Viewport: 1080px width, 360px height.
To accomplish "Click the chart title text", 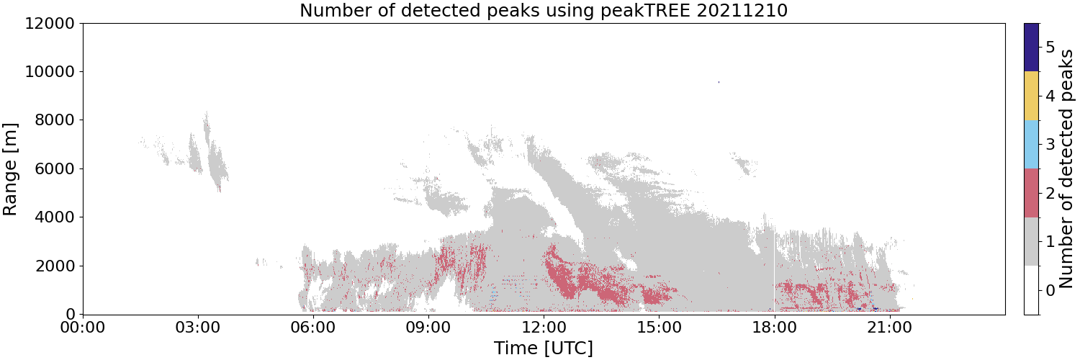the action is [544, 10].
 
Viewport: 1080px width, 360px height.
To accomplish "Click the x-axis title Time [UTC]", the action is [544, 348].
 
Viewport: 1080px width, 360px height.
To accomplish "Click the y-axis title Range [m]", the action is [9, 169].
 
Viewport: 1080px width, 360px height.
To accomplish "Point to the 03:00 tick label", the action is [198, 328].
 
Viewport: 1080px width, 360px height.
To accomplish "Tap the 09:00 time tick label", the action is [428, 328].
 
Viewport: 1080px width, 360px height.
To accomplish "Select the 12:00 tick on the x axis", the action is [544, 328].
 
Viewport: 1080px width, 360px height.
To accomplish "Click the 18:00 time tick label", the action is [774, 328].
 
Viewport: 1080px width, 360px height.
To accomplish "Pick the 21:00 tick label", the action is [889, 328].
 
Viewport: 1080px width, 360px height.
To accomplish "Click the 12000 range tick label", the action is [50, 23].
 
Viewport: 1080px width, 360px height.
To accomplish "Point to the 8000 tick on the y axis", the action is [55, 120].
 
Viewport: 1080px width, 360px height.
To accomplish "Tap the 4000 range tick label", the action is [55, 217].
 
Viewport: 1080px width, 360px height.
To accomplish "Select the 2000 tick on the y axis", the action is [55, 266].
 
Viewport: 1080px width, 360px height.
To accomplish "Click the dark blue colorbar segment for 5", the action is [1031, 48].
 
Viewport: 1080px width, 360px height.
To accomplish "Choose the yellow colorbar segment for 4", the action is [1031, 96].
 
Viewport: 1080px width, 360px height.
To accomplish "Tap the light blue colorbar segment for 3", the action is [1031, 145].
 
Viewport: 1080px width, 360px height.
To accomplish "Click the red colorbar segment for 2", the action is [1031, 193].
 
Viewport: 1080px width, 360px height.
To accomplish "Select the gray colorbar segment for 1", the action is [1031, 241].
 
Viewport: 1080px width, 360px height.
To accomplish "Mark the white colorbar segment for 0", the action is [1031, 290].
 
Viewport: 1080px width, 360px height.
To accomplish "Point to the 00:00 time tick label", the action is [83, 328].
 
